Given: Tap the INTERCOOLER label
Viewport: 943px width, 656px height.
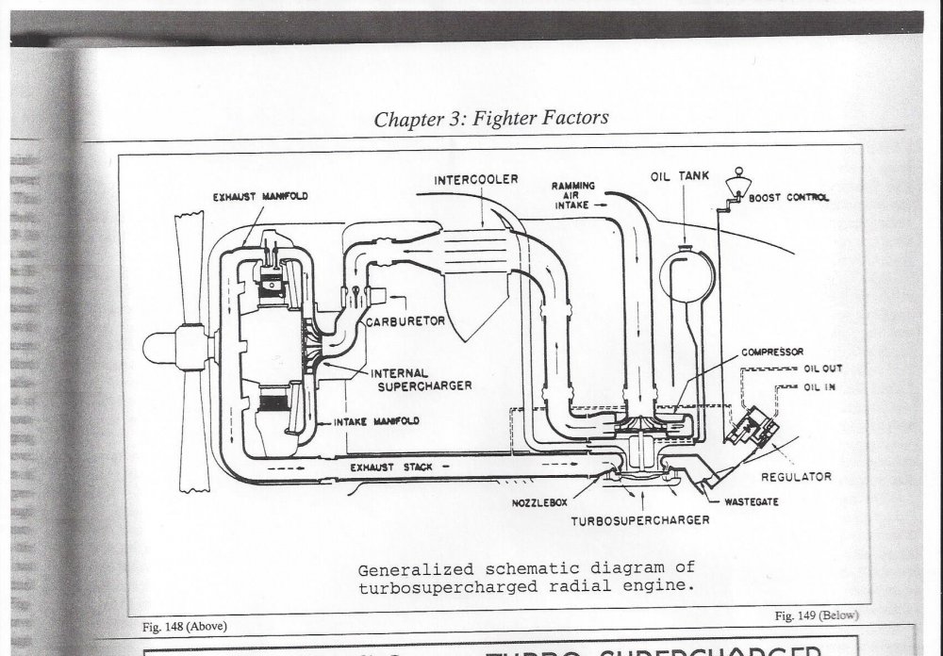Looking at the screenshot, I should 476,179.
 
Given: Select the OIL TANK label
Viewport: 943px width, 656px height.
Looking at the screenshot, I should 673,176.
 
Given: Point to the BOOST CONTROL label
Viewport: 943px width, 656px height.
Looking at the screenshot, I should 788,198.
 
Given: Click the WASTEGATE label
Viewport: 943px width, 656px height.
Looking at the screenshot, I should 751,502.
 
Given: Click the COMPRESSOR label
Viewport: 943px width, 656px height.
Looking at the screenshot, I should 771,353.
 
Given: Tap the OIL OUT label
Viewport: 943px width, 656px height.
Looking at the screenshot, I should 823,369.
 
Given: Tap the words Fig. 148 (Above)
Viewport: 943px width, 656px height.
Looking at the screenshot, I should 183,626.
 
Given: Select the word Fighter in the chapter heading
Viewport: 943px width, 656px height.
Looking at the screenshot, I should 510,119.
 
